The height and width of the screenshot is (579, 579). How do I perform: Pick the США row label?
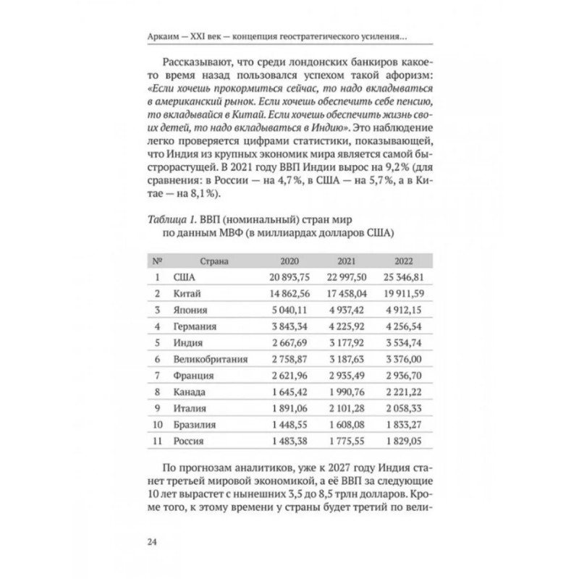coord(186,277)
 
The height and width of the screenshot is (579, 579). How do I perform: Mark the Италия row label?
coord(190,408)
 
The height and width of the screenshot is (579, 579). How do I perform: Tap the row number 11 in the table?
coord(157,441)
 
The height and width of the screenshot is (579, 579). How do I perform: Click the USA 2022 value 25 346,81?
coord(400,277)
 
